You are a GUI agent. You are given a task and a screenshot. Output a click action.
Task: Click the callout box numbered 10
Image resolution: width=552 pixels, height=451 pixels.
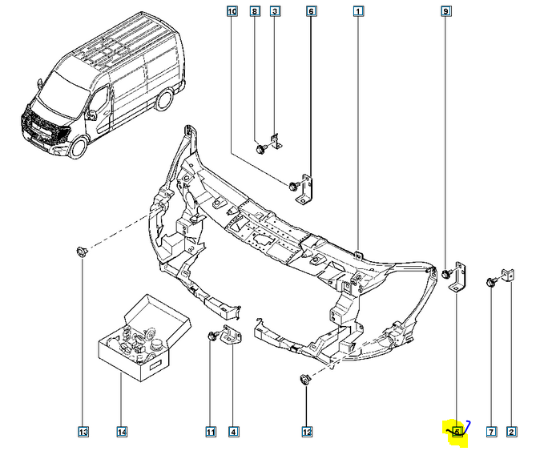(x=232, y=11)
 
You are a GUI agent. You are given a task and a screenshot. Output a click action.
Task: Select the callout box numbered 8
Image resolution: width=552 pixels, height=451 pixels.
(x=255, y=11)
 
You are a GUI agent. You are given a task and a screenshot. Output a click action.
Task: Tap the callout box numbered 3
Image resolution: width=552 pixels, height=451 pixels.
(x=275, y=11)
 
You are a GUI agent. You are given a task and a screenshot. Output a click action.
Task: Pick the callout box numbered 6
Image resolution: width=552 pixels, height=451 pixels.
(x=311, y=11)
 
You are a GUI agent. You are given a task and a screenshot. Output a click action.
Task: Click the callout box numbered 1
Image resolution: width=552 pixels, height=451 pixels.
(x=358, y=11)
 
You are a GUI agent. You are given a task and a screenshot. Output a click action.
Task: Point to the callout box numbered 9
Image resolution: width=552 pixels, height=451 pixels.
(x=445, y=11)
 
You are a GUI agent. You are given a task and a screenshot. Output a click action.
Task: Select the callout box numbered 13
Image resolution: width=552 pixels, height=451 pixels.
(x=83, y=433)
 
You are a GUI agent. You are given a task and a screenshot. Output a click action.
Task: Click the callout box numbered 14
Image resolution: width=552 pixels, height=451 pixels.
(x=121, y=433)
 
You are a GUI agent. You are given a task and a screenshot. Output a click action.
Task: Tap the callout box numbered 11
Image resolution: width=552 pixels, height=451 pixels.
(x=211, y=433)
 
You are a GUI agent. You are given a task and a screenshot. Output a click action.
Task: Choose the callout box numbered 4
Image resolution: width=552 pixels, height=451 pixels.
(x=233, y=433)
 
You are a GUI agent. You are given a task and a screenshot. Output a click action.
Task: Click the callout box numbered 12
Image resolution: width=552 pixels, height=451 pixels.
(x=306, y=433)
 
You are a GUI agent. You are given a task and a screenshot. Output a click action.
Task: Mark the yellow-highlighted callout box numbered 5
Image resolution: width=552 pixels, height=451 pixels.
(x=456, y=433)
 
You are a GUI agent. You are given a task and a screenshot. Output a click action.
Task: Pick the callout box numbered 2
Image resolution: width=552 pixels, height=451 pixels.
(x=511, y=433)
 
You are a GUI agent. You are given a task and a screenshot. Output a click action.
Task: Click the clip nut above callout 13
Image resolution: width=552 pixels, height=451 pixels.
(x=83, y=253)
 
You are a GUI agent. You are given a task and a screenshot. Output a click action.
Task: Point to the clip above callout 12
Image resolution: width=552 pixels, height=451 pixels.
(x=305, y=378)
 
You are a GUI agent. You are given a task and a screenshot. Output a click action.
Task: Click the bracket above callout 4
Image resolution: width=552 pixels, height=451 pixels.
(x=233, y=338)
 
